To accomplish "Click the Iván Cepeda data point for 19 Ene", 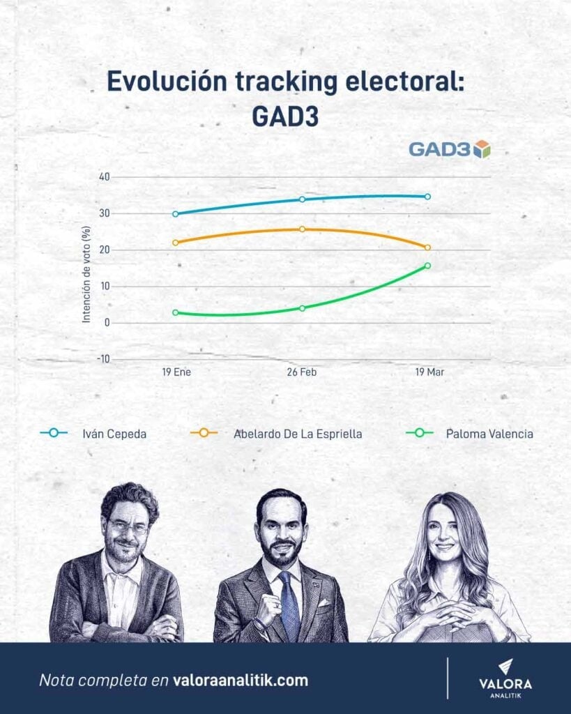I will pyautogui.click(x=175, y=214).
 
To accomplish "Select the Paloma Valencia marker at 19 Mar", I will pyautogui.click(x=427, y=266).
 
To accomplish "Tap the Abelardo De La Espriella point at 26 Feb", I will pyautogui.click(x=302, y=229).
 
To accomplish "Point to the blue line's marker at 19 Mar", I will pyautogui.click(x=427, y=197).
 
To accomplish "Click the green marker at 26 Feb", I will pyautogui.click(x=302, y=308).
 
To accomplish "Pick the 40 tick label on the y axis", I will pyautogui.click(x=104, y=177).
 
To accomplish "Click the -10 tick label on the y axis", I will pyautogui.click(x=102, y=359).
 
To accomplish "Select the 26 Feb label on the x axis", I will pyautogui.click(x=302, y=372).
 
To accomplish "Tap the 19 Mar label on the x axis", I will pyautogui.click(x=429, y=372).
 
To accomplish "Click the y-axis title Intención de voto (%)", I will pyautogui.click(x=86, y=274).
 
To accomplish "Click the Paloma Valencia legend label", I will pyautogui.click(x=489, y=434).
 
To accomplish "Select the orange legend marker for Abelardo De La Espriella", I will pyautogui.click(x=204, y=433).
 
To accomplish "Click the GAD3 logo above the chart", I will pyautogui.click(x=449, y=149).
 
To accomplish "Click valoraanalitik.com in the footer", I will pyautogui.click(x=240, y=680).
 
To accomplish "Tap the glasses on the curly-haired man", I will pyautogui.click(x=128, y=528).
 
